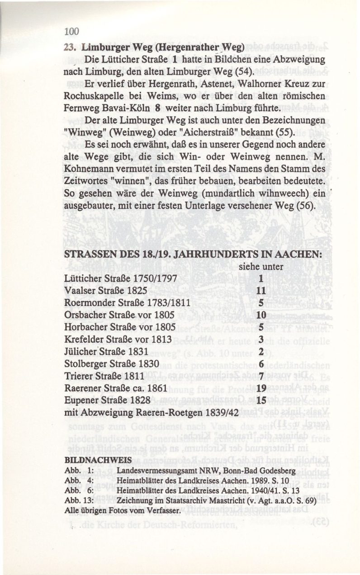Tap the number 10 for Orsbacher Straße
coord(261,315)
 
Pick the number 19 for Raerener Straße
coord(261,388)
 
